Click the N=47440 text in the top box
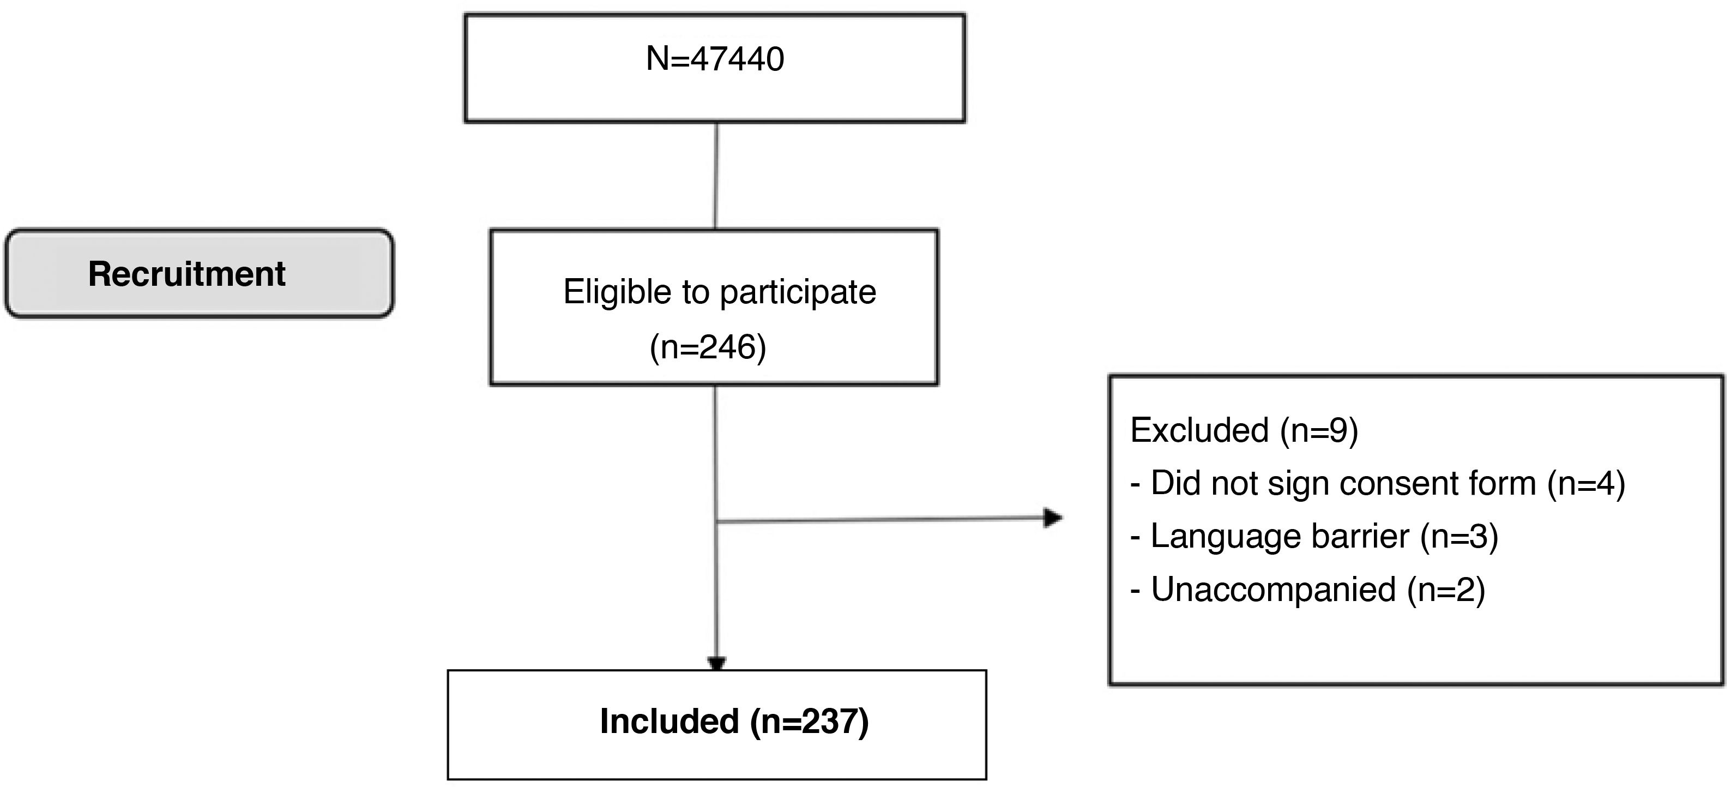pos(714,59)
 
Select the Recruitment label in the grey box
pos(187,274)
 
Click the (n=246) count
pos(708,347)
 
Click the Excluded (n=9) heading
pos(1244,430)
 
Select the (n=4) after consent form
pos(1585,483)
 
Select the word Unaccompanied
pos(1274,590)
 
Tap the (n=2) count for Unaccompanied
pos(1445,590)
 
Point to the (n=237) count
pos(809,722)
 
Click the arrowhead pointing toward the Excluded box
pos(1052,518)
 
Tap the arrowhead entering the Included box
pos(717,663)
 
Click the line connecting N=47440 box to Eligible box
pos(716,176)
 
